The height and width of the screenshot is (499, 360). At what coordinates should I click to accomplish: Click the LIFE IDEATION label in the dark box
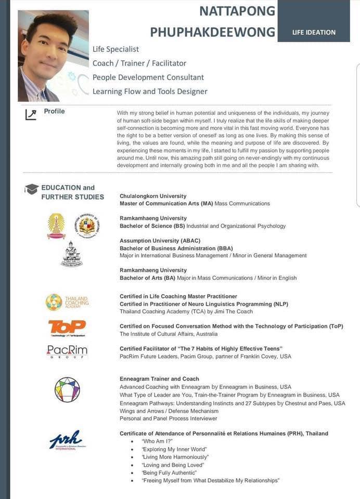click(x=314, y=32)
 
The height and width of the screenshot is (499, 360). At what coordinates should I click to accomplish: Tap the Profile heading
click(x=54, y=111)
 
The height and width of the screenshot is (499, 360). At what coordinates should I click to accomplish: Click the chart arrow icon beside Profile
click(x=31, y=114)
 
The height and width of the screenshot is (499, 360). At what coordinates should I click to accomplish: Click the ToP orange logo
click(x=67, y=327)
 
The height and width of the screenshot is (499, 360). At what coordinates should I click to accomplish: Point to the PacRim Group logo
click(x=67, y=352)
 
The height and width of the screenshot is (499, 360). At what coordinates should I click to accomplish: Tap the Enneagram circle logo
click(x=67, y=390)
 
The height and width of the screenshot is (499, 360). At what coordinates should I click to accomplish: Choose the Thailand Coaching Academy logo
click(x=67, y=301)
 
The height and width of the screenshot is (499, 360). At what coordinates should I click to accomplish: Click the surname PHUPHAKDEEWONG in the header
click(x=212, y=32)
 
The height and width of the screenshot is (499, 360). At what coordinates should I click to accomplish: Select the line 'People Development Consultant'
click(x=148, y=77)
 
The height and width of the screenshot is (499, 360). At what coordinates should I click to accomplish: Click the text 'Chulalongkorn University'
click(x=153, y=196)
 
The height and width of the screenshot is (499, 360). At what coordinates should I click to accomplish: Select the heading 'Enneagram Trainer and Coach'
click(x=159, y=379)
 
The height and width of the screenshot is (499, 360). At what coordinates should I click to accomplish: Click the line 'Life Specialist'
click(x=115, y=49)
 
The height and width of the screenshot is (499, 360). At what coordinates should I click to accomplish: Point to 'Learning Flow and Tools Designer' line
click(x=150, y=91)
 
